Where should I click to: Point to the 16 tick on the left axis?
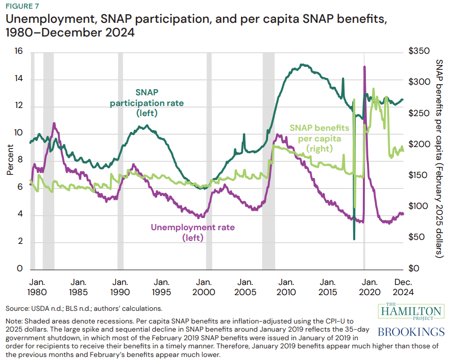[x=19, y=52]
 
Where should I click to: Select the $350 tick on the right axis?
[x=418, y=52]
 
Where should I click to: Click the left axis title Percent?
[x=10, y=160]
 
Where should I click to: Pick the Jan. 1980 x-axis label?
[x=36, y=287]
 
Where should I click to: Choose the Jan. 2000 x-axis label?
[x=204, y=287]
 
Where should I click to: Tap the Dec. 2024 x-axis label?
[x=403, y=287]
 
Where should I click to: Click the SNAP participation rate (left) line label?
[x=147, y=103]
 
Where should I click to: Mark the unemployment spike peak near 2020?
[x=364, y=67]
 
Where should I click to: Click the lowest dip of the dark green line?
[x=354, y=239]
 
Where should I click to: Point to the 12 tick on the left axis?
[x=19, y=106]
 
